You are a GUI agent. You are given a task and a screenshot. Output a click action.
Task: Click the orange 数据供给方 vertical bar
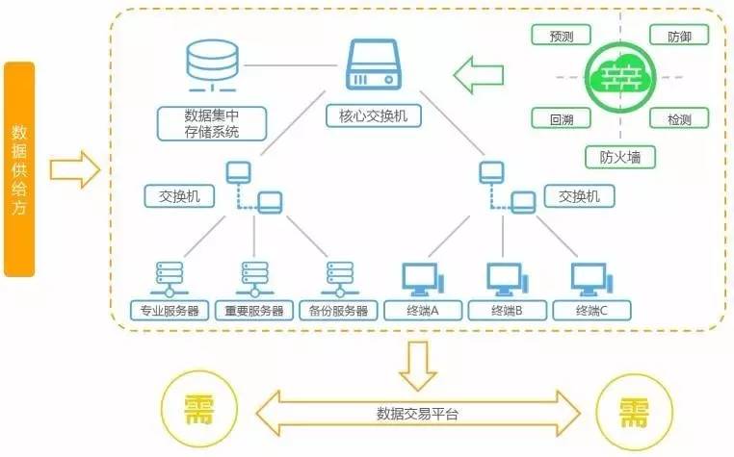pos(19,169)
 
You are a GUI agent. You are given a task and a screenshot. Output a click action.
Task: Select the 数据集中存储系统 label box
pos(212,122)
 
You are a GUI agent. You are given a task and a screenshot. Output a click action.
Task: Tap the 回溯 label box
pos(561,119)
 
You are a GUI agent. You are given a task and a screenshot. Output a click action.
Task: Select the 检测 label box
pos(679,119)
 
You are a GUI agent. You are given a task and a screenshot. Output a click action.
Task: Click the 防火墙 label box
pos(619,156)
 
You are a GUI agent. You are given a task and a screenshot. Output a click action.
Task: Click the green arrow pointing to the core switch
pos(479,73)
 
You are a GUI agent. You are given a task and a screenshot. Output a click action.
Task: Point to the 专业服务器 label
pos(170,311)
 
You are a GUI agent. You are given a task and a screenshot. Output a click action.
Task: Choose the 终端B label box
pos(507,311)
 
